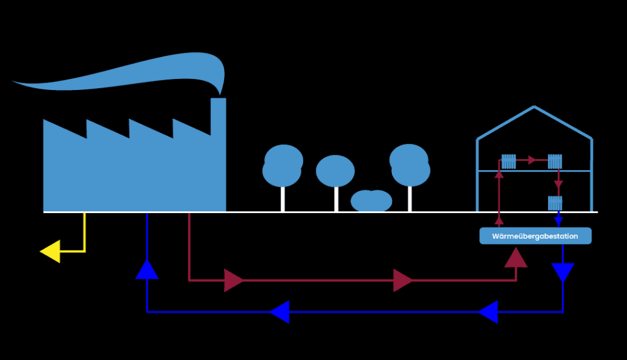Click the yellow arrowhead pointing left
pyautogui.click(x=50, y=251)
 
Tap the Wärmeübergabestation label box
pyautogui.click(x=535, y=236)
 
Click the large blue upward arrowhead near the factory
pyautogui.click(x=147, y=269)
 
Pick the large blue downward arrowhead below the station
pyautogui.click(x=563, y=272)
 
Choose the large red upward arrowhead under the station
pyautogui.click(x=516, y=258)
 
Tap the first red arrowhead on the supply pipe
pyautogui.click(x=234, y=280)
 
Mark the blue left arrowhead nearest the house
pyautogui.click(x=489, y=312)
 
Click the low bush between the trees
pyautogui.click(x=371, y=200)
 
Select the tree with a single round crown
pyautogui.click(x=336, y=171)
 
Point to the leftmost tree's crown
pyautogui.click(x=282, y=165)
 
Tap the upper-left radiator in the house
pyautogui.click(x=509, y=161)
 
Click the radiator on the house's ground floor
pyautogui.click(x=555, y=203)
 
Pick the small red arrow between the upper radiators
pyautogui.click(x=533, y=160)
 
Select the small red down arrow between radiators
pyautogui.click(x=558, y=184)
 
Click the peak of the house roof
pyautogui.click(x=534, y=107)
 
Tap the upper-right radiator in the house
pyautogui.click(x=555, y=161)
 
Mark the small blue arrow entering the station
pyautogui.click(x=558, y=221)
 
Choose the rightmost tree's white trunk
pyautogui.click(x=410, y=198)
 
